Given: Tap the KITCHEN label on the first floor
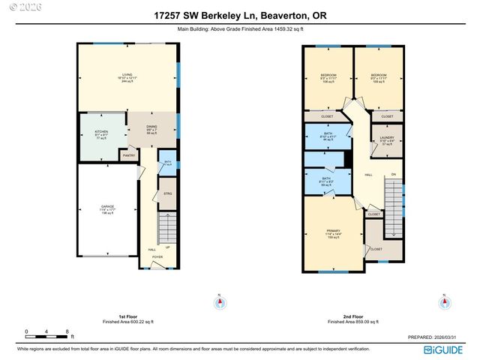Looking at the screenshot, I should click(x=101, y=132).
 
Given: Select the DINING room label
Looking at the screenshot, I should click(x=151, y=127).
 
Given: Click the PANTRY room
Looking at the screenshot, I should click(x=128, y=156).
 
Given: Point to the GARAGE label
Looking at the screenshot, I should click(x=108, y=206).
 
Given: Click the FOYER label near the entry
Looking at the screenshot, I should click(x=157, y=256).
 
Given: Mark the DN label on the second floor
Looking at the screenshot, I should click(x=393, y=176).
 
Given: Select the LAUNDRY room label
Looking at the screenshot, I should click(x=388, y=137).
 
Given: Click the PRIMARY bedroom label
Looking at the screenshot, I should click(x=333, y=230).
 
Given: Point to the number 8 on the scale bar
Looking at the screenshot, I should click(x=67, y=331).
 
